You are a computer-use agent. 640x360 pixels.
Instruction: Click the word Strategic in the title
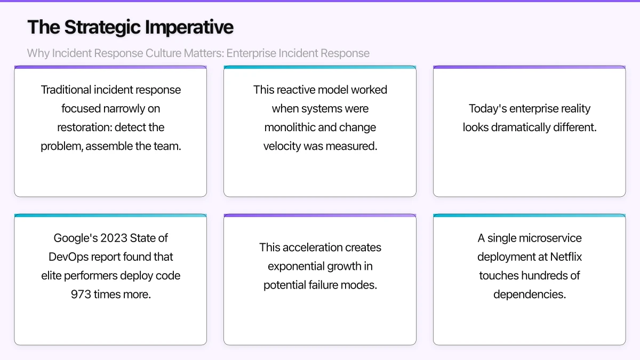[x=101, y=27]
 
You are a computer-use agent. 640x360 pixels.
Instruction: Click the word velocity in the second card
[x=282, y=146]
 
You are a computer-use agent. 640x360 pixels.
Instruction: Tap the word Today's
[x=487, y=109]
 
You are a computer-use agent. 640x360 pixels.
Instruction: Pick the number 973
[x=81, y=294]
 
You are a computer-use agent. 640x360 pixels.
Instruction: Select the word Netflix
[x=566, y=257]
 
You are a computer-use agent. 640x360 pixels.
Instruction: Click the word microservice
[x=547, y=238]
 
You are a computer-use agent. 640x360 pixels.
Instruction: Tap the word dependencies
[x=529, y=294]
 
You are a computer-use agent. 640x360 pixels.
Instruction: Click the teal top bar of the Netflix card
[x=529, y=216]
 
